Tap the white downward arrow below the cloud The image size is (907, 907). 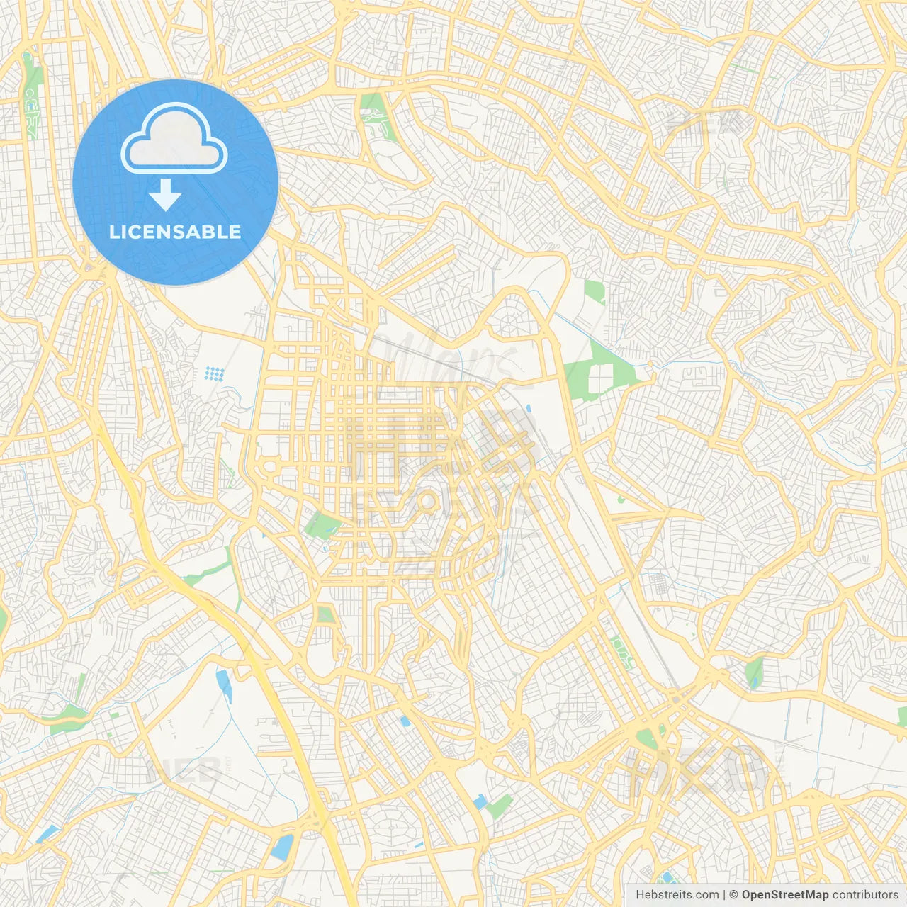pos(165,195)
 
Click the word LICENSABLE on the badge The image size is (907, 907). pos(175,232)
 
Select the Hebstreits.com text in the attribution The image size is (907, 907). pos(677,895)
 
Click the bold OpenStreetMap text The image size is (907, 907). pos(784,895)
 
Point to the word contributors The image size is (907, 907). pos(864,895)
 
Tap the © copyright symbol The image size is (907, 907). pos(734,895)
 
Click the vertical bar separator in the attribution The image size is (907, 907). pos(724,895)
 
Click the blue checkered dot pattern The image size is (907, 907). pos(215,373)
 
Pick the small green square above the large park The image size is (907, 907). pos(594,291)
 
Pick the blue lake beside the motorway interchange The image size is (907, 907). pos(283,846)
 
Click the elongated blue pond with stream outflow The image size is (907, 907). pos(225,685)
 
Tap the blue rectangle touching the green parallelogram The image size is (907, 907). pos(480,802)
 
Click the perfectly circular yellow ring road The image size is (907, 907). pos(425,502)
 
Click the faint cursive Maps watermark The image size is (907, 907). pos(453,358)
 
